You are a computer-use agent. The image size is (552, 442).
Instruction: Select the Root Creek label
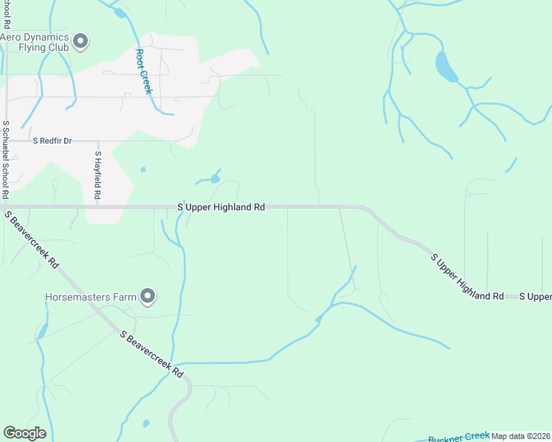142,71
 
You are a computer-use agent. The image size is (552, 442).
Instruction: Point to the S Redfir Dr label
51,140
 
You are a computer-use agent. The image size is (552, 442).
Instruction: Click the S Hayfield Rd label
97,177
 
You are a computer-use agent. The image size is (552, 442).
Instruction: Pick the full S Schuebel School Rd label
6,160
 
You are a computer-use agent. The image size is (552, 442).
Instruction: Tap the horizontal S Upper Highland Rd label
221,208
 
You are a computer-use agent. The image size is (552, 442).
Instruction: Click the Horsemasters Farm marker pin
148,297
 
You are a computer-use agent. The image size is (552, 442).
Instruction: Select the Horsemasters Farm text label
92,298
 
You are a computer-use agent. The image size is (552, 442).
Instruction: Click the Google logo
24,433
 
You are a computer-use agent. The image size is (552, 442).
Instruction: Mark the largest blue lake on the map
445,67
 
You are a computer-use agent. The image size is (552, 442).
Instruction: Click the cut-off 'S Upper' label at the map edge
535,296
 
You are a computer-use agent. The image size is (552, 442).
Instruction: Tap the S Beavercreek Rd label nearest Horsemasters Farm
152,354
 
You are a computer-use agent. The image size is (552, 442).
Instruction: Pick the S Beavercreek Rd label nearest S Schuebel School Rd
32,241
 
